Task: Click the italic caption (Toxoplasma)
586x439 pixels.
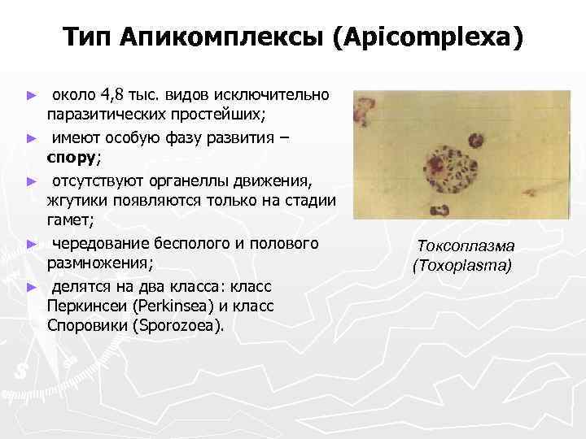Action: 462,265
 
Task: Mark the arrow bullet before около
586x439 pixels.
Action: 32,96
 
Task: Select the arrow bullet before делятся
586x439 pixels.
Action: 32,286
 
